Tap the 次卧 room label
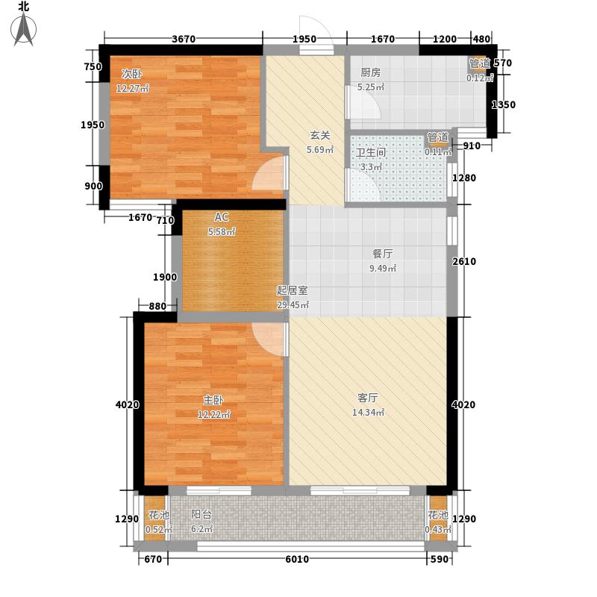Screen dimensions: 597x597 (x=132, y=74)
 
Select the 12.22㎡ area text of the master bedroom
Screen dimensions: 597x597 (x=214, y=415)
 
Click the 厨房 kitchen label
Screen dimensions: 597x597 (x=370, y=72)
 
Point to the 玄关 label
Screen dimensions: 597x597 (x=320, y=135)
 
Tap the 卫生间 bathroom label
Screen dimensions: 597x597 (x=371, y=152)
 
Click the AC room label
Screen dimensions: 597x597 (x=221, y=217)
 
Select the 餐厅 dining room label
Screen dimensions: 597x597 (x=382, y=254)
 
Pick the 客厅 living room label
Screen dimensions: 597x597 (x=368, y=398)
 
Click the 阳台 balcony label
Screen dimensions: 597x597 (x=201, y=515)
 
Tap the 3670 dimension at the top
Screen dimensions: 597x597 (x=184, y=39)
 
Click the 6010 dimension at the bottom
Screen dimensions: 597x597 (x=297, y=559)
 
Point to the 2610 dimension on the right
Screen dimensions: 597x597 (x=463, y=261)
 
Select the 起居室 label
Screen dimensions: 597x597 (x=292, y=290)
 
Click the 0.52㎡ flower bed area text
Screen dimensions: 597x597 (x=159, y=530)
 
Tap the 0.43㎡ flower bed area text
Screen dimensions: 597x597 (x=438, y=530)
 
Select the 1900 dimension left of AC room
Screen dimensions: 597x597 (x=165, y=277)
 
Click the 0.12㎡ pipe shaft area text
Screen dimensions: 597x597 (x=480, y=78)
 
